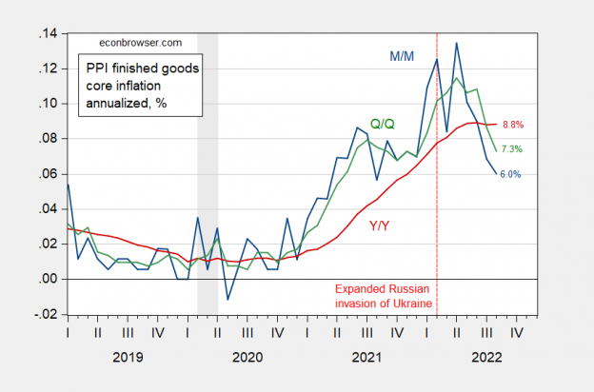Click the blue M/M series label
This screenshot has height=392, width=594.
[x=403, y=56]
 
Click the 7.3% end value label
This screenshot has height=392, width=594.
[x=510, y=149]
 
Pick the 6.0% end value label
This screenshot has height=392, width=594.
[x=509, y=174]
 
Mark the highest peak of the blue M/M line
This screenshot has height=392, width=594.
[x=457, y=43]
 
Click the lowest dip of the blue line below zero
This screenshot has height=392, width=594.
[x=228, y=300]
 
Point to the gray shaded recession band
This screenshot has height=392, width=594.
[x=207, y=171]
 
